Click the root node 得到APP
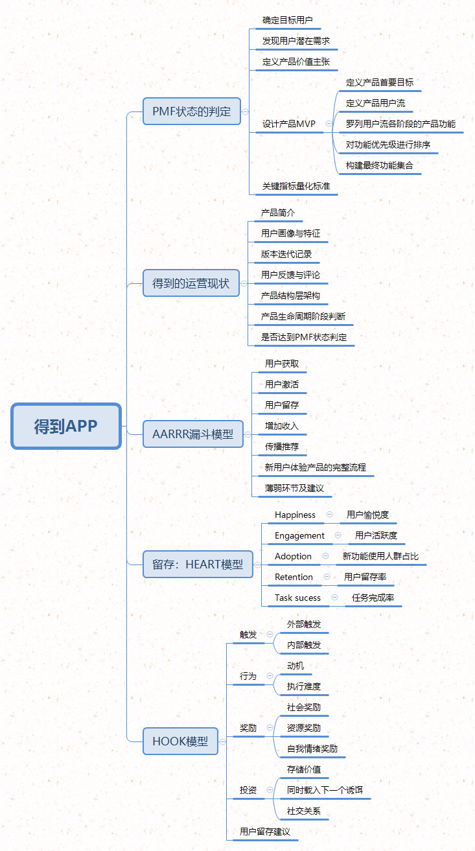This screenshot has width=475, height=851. pyautogui.click(x=66, y=426)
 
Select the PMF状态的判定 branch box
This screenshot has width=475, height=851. pyautogui.click(x=192, y=111)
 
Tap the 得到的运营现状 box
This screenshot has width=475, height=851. pyautogui.click(x=191, y=283)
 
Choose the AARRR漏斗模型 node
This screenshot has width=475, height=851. pyautogui.click(x=193, y=434)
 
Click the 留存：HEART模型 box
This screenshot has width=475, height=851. pyautogui.click(x=198, y=564)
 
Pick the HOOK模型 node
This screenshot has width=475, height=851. pyautogui.click(x=180, y=741)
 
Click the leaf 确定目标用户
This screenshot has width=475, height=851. pyautogui.click(x=288, y=20)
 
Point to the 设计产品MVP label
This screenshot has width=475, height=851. pyautogui.click(x=289, y=124)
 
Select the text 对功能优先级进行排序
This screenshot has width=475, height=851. pyautogui.click(x=388, y=145)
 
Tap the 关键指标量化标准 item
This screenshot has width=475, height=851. pyautogui.click(x=296, y=186)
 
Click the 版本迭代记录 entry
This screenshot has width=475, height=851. pyautogui.click(x=286, y=254)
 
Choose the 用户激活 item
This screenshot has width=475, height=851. pyautogui.click(x=282, y=384)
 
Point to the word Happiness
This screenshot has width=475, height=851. pyautogui.click(x=295, y=515)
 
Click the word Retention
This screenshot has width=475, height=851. pyautogui.click(x=294, y=577)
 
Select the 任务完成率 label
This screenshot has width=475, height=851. pyautogui.click(x=373, y=598)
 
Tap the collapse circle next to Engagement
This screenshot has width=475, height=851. pyautogui.click(x=338, y=535)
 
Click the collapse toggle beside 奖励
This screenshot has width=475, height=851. pyautogui.click(x=270, y=727)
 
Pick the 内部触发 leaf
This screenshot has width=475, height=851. pyautogui.click(x=304, y=645)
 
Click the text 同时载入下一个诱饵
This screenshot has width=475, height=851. pyautogui.click(x=325, y=790)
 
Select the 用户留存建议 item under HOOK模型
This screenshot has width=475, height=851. pyautogui.click(x=265, y=832)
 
